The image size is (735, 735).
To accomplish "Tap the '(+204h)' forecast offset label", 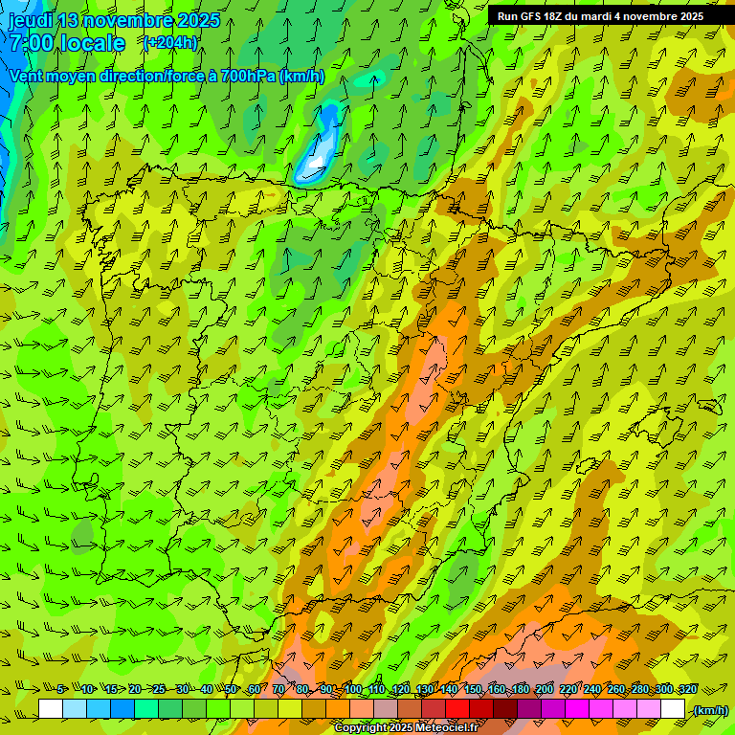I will (x=169, y=42).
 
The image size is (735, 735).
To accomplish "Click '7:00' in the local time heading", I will (x=33, y=43).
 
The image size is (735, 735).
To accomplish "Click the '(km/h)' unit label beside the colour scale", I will (x=710, y=710).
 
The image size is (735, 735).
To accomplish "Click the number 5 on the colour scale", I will (x=60, y=690).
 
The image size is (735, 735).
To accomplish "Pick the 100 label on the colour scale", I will (x=353, y=690).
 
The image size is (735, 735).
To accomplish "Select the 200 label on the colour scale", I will (x=545, y=690).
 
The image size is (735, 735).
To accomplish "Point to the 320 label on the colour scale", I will (x=688, y=690).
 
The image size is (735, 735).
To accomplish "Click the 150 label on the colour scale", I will (x=473, y=690).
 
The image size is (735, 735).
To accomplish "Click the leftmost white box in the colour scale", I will (x=51, y=709).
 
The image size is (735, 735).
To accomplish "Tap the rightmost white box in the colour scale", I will (x=673, y=709).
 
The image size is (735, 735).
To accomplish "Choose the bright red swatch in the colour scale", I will (x=457, y=709).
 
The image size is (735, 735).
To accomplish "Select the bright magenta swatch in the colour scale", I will (x=577, y=709).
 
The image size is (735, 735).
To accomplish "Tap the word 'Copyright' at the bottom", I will (x=362, y=728).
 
